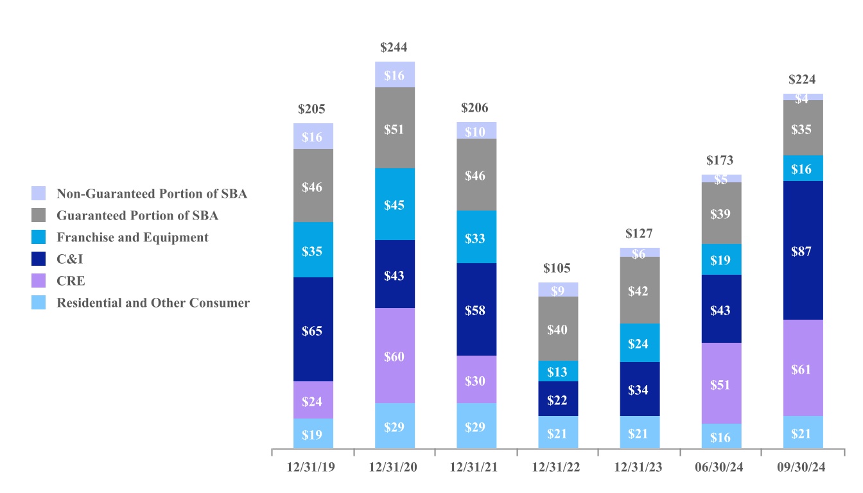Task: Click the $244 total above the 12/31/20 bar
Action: point(394,48)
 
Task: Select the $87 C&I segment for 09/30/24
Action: point(803,251)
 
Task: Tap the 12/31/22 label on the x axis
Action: point(557,467)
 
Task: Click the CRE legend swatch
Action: point(39,281)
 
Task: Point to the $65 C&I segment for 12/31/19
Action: point(313,331)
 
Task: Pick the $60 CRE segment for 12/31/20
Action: point(394,356)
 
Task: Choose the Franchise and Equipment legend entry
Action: point(132,238)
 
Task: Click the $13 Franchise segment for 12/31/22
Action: point(557,372)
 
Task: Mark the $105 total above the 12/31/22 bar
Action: point(557,268)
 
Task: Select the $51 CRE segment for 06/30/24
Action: point(721,384)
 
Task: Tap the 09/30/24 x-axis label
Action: point(803,467)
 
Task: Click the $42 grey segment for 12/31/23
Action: point(639,291)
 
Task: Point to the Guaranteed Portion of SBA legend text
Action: point(137,216)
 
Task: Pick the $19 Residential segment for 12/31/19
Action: point(313,434)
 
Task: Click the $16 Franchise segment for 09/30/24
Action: point(803,169)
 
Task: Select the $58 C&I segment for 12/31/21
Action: point(476,310)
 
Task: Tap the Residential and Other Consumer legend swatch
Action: point(39,303)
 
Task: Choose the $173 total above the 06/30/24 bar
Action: point(720,160)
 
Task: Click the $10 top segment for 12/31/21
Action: point(476,131)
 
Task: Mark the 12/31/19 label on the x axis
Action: point(312,467)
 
